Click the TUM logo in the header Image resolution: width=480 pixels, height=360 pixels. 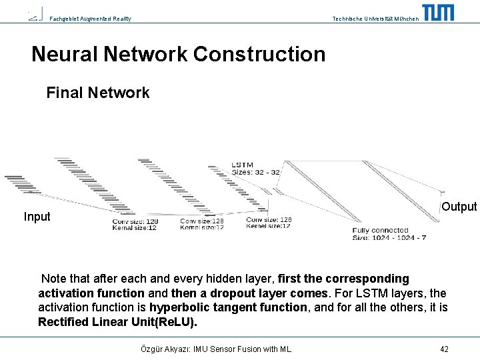click(x=438, y=12)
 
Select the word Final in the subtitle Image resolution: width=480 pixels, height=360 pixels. click(x=64, y=93)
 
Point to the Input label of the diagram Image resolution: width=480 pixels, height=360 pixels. click(x=37, y=217)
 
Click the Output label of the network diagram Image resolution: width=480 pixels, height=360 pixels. click(x=459, y=207)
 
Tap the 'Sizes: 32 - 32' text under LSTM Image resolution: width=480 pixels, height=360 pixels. click(x=255, y=172)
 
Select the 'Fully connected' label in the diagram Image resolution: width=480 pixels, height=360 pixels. click(x=380, y=231)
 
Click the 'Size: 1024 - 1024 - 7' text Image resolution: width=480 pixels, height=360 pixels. click(x=389, y=237)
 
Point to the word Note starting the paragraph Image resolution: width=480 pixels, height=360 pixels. click(x=54, y=279)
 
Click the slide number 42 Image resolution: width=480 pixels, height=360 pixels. click(x=444, y=349)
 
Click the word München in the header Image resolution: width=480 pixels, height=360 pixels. click(x=407, y=19)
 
